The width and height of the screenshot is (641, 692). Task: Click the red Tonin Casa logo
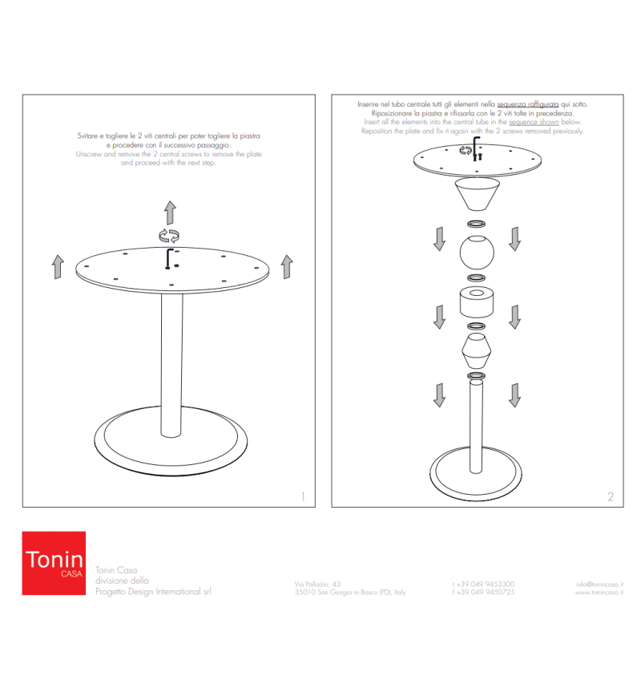(53, 562)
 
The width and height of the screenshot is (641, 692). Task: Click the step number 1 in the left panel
(302, 496)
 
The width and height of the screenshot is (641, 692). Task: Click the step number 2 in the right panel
(611, 496)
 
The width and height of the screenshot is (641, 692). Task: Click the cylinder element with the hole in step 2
(477, 304)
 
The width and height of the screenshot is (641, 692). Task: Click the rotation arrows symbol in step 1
(169, 235)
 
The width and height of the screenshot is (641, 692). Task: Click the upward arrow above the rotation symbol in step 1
(170, 212)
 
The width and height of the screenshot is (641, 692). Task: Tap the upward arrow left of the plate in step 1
(58, 266)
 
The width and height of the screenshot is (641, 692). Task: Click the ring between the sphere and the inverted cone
(477, 224)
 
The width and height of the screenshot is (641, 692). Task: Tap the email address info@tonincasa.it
(599, 584)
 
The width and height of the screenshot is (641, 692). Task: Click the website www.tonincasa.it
(599, 593)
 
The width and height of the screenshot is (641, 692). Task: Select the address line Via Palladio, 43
(318, 584)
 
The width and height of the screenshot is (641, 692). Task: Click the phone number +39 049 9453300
(483, 584)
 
